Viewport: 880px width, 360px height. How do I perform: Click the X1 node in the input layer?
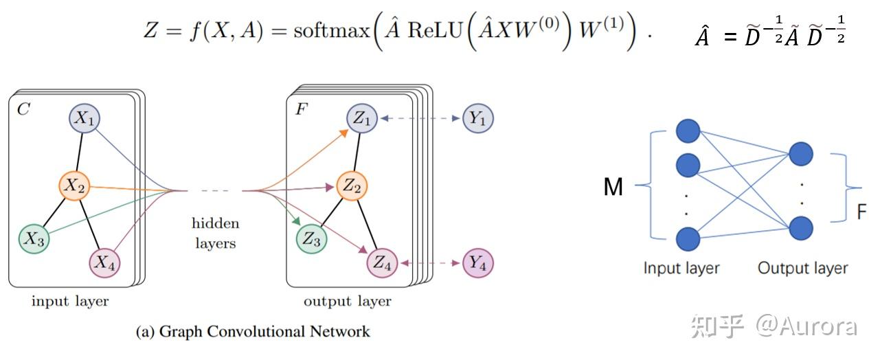84,118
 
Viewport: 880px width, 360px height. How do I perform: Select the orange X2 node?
74,186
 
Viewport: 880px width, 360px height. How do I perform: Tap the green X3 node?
34,238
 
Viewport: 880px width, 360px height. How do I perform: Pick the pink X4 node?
105,263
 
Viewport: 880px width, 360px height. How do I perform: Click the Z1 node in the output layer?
362,118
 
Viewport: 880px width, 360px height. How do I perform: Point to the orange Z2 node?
352,186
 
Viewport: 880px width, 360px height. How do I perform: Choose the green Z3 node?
311,238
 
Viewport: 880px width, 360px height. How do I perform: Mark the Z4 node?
382,263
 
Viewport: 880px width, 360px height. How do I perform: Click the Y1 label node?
477,118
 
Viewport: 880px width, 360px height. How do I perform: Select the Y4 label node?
477,263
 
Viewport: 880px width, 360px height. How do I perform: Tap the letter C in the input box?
23,109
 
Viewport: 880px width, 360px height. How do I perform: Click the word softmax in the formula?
332,31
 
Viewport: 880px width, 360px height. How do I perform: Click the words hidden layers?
215,233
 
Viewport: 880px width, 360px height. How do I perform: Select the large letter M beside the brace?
613,187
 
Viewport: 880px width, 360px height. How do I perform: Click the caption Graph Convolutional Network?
264,331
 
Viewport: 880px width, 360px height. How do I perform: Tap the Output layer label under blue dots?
802,268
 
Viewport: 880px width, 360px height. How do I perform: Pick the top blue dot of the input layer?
688,131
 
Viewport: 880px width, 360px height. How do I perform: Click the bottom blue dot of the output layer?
801,228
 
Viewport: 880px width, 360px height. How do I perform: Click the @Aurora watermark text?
806,326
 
